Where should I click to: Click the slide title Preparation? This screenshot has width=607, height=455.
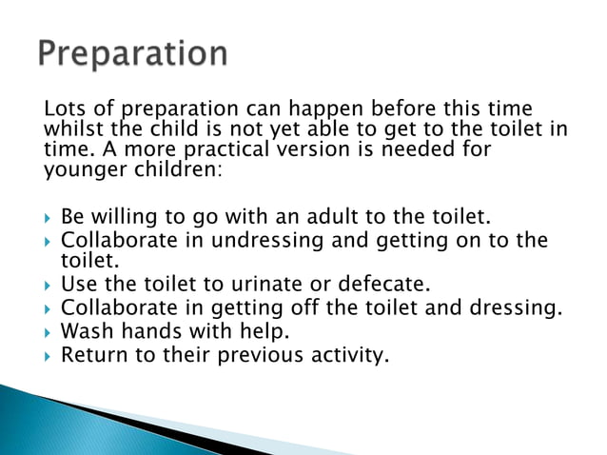point(132,53)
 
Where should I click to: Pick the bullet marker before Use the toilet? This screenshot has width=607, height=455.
point(49,284)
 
